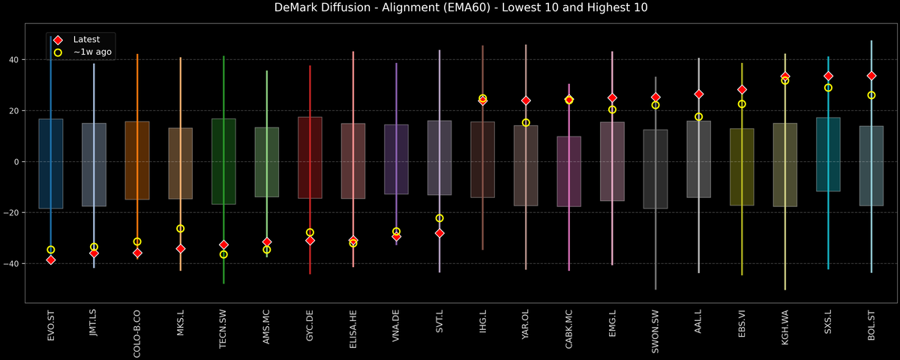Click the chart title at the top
coord(450,8)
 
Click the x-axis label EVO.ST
coord(51,325)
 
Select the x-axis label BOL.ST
coord(871,325)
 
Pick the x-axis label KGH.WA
coord(785,325)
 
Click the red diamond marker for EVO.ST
coord(51,259)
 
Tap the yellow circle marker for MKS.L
coord(180,229)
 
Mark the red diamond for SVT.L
coord(439,233)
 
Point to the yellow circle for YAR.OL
coord(526,122)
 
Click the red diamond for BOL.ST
coord(871,76)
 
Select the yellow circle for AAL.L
coord(698,116)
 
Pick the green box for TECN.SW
coord(223,161)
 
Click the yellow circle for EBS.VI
coord(742,104)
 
